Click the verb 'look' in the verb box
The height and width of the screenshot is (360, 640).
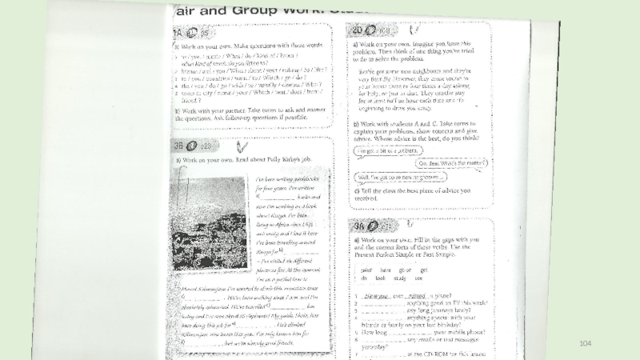pyautogui.click(x=379, y=278)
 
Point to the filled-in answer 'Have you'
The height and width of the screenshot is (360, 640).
pyautogui.click(x=376, y=294)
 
